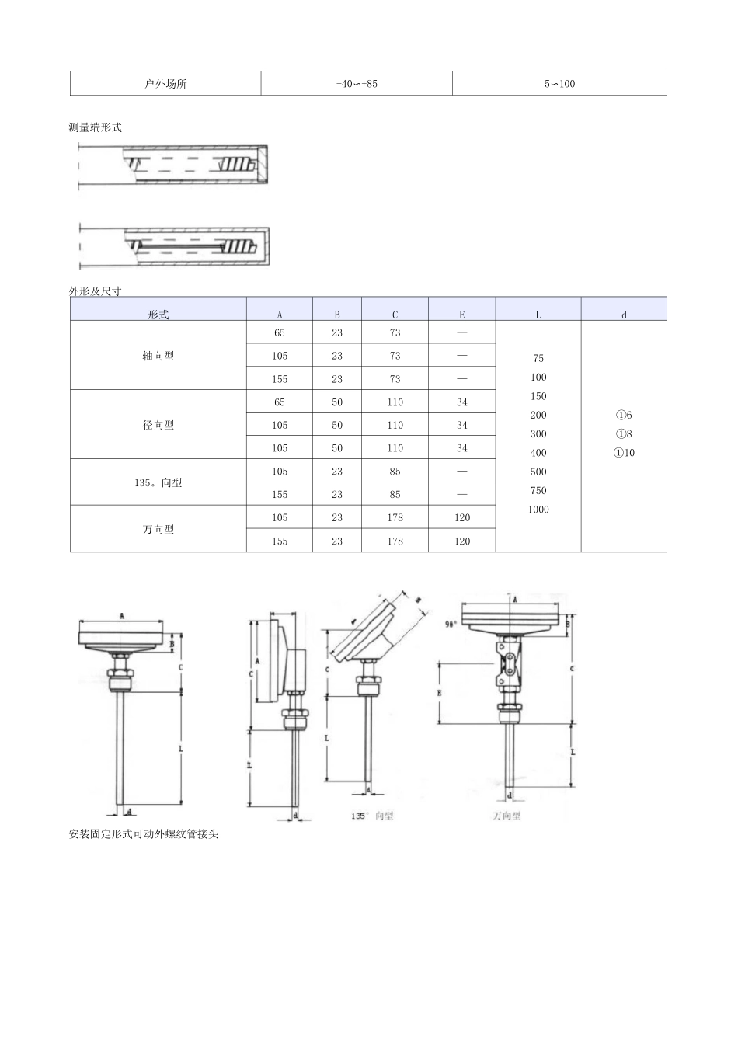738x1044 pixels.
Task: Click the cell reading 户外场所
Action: pyautogui.click(x=165, y=84)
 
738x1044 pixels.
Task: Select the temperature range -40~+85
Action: pyautogui.click(x=357, y=84)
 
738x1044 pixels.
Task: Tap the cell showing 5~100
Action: pyautogui.click(x=559, y=84)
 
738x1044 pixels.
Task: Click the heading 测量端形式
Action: pyautogui.click(x=96, y=127)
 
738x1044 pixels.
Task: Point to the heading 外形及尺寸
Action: pyautogui.click(x=96, y=291)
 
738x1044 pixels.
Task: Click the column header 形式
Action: pyautogui.click(x=158, y=315)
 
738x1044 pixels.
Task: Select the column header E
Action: pyautogui.click(x=461, y=315)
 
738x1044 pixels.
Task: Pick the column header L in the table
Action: pyautogui.click(x=538, y=315)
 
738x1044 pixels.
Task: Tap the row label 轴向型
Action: pyautogui.click(x=158, y=356)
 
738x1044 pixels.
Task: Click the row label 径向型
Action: pyautogui.click(x=158, y=425)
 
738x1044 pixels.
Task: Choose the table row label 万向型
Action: pyautogui.click(x=158, y=529)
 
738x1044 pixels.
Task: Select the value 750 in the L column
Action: pyautogui.click(x=538, y=491)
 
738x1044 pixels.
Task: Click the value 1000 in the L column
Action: pyautogui.click(x=538, y=510)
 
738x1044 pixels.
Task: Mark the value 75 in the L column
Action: pyautogui.click(x=538, y=359)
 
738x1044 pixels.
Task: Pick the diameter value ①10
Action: pyautogui.click(x=624, y=453)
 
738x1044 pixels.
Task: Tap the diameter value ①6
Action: pyautogui.click(x=624, y=416)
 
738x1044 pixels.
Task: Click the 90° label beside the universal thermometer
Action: pyautogui.click(x=451, y=625)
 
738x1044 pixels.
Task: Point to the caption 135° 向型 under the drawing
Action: pyautogui.click(x=372, y=816)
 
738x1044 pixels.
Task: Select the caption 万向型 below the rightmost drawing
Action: pyautogui.click(x=507, y=816)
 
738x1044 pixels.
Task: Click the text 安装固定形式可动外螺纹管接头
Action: pyautogui.click(x=144, y=834)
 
